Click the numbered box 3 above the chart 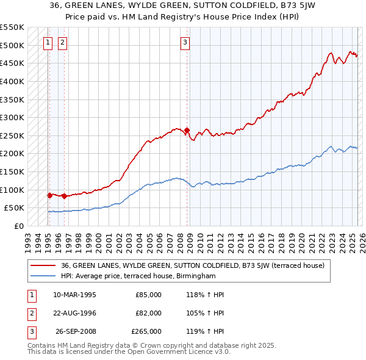[x=185, y=42]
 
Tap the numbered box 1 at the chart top [x=48, y=42]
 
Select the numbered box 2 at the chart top [x=62, y=42]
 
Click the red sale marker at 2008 [x=187, y=130]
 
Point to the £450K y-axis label [x=12, y=63]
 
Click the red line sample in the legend [x=43, y=265]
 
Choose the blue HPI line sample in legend [x=43, y=276]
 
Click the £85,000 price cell [x=148, y=294]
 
